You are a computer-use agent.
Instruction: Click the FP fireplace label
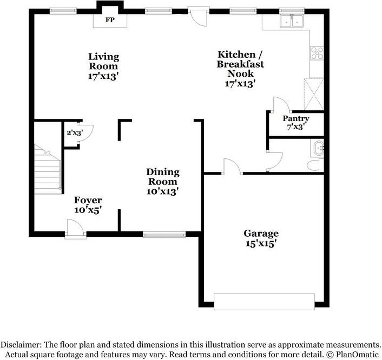click(110, 20)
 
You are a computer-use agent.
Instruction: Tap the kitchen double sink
click(292, 21)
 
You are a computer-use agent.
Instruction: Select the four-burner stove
click(317, 54)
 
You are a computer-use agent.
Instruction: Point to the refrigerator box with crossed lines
click(314, 94)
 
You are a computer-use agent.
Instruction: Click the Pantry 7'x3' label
click(296, 123)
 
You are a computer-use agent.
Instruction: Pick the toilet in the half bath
click(315, 165)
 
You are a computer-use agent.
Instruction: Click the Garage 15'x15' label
click(261, 238)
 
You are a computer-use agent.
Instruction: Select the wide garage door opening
click(265, 302)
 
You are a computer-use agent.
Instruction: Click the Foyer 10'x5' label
click(88, 205)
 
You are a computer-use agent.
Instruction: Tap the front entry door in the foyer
click(76, 229)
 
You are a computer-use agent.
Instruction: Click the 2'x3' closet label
click(75, 132)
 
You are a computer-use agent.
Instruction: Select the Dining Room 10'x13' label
click(163, 182)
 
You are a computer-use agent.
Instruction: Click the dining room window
click(164, 235)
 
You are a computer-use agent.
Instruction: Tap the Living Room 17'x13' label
click(103, 66)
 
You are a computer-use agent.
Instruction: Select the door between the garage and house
click(233, 166)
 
